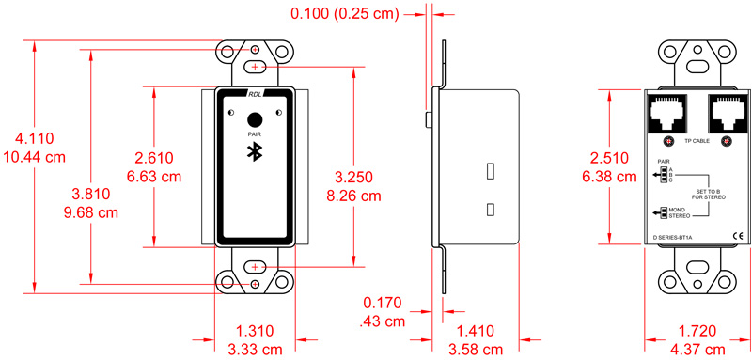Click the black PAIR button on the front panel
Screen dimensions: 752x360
pyautogui.click(x=254, y=119)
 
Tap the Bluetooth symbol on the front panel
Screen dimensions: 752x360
pyautogui.click(x=254, y=152)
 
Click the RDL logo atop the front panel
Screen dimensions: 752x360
pyautogui.click(x=254, y=93)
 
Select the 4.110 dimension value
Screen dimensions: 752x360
pyautogui.click(x=35, y=139)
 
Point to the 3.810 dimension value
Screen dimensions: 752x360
pyautogui.click(x=90, y=195)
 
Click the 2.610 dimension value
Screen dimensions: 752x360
pyautogui.click(x=154, y=158)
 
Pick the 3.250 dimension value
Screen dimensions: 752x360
pyautogui.click(x=353, y=177)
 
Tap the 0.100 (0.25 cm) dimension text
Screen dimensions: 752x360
pyautogui.click(x=345, y=13)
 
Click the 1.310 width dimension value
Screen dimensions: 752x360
pyautogui.click(x=254, y=331)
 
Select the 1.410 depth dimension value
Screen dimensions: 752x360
pyautogui.click(x=475, y=331)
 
